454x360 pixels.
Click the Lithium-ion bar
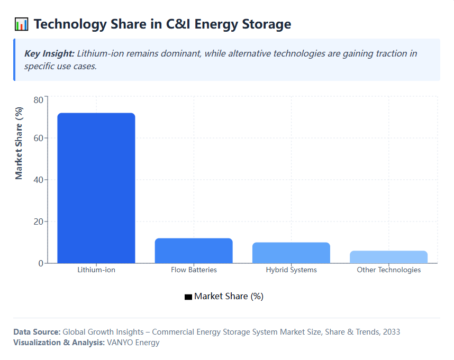[x=96, y=188]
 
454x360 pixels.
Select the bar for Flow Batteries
[x=194, y=251]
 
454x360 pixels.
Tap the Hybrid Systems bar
[x=291, y=253]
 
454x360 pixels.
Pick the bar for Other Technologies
[x=388, y=257]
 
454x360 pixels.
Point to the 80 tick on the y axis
[x=38, y=100]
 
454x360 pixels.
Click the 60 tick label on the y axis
[x=38, y=139]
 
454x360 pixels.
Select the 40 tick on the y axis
[x=38, y=180]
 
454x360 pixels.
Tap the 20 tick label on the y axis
[x=38, y=221]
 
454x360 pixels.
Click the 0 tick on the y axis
[x=40, y=263]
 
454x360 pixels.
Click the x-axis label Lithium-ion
[x=96, y=270]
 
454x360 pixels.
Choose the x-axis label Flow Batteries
[x=194, y=270]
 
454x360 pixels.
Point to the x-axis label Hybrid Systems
[x=291, y=270]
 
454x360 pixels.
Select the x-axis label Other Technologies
[x=388, y=270]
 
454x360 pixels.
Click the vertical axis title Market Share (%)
[x=19, y=143]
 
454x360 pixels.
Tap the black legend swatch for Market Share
[x=188, y=297]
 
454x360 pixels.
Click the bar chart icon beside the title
[x=21, y=24]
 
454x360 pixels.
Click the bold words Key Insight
[x=49, y=54]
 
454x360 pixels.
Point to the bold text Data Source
[x=37, y=332]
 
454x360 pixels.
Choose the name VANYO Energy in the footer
[x=133, y=343]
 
